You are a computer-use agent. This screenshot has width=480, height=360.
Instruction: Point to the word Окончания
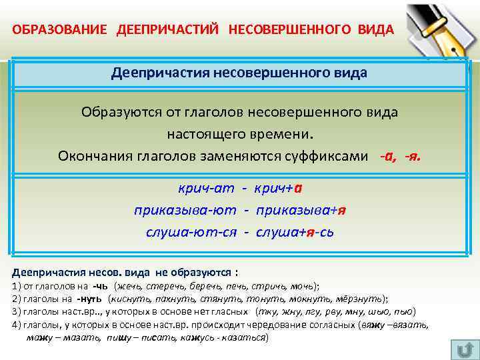[90, 155]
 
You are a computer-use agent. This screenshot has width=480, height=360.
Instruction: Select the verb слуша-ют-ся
[189, 231]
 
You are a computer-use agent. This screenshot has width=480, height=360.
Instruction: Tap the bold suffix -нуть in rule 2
[89, 299]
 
